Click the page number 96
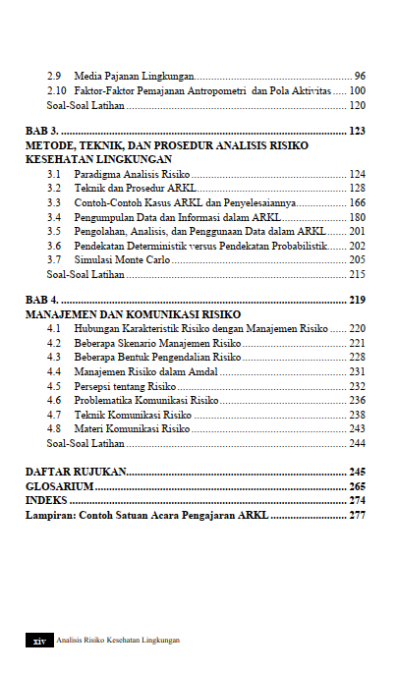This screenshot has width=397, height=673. [x=360, y=77]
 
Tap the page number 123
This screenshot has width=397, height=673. [x=356, y=131]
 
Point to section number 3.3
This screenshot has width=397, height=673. [x=54, y=202]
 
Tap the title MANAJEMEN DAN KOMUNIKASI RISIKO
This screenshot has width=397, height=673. [x=126, y=313]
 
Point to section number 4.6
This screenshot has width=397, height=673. [x=54, y=401]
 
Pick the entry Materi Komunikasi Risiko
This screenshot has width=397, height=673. [x=132, y=429]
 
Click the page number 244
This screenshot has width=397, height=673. [x=357, y=443]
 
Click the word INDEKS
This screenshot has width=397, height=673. [x=46, y=500]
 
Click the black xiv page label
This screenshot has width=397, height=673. [x=38, y=641]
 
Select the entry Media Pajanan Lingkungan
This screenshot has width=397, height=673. [x=134, y=77]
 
